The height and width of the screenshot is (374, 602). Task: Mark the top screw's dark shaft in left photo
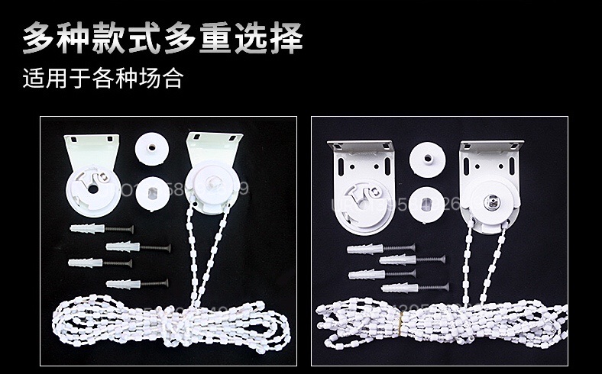121,229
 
